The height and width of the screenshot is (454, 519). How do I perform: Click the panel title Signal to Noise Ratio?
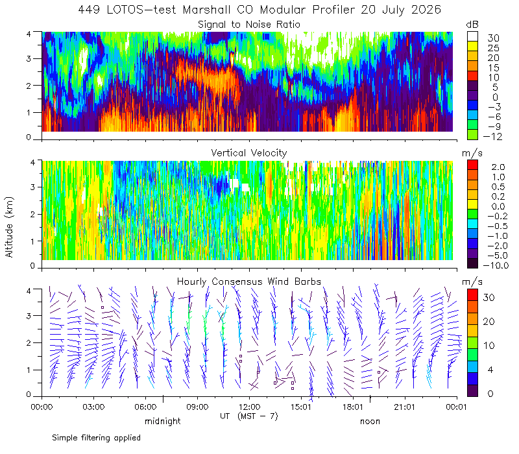249,25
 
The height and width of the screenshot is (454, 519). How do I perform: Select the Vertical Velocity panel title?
249,153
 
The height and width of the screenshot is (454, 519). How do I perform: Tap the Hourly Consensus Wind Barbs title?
249,281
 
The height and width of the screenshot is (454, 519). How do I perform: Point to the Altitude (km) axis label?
9,227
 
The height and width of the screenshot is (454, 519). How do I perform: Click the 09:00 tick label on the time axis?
197,407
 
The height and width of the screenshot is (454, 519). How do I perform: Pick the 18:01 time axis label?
353,407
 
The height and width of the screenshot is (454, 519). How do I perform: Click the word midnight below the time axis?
163,421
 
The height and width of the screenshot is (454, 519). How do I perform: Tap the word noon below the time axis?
370,422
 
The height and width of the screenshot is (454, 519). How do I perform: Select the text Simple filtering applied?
96,438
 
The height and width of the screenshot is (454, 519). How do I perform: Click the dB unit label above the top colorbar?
472,25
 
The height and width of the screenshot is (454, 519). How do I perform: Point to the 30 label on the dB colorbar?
493,38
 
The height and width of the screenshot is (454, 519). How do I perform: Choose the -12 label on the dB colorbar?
493,136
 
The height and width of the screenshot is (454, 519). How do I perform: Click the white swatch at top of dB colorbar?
472,36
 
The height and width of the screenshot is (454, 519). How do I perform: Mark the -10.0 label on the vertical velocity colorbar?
496,265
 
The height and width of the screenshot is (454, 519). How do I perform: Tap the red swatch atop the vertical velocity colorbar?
472,165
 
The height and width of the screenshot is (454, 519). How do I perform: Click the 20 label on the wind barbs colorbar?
489,321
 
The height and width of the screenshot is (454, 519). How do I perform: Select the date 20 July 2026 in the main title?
401,10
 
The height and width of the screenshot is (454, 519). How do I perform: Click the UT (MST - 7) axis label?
249,416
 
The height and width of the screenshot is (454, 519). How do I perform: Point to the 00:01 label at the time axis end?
457,407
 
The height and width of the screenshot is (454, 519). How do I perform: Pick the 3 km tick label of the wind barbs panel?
29,316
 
